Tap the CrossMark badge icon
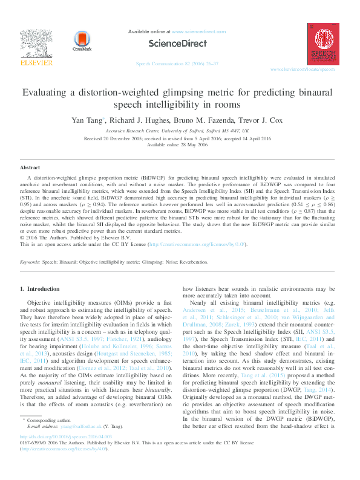81,41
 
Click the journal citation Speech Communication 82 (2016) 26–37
176,63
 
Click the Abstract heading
30,167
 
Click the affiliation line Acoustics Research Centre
180,130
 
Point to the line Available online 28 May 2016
180,145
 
